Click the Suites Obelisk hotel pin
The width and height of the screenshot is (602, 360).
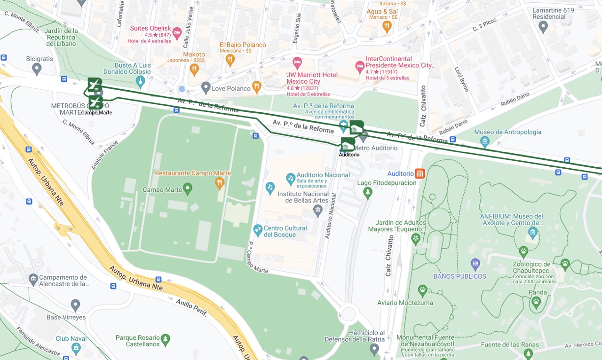(x=177, y=33)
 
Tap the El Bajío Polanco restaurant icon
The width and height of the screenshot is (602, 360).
(x=230, y=59)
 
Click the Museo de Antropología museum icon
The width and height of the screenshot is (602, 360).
(x=485, y=141)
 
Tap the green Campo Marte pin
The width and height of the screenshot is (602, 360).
(x=188, y=189)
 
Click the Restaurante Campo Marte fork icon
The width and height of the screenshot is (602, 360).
(x=219, y=182)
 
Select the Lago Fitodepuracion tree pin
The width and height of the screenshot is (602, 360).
(x=368, y=192)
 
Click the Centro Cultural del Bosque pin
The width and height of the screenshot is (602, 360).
(x=257, y=231)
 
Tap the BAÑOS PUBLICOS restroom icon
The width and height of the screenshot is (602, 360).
(x=475, y=265)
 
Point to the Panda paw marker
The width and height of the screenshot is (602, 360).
(x=536, y=303)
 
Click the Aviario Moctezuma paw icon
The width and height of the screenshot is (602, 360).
(x=422, y=291)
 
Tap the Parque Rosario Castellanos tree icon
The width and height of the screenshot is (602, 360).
(x=165, y=339)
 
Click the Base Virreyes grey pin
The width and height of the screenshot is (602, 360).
(x=75, y=305)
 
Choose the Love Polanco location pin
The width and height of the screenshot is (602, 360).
(x=206, y=87)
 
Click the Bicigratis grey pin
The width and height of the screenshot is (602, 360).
(x=37, y=69)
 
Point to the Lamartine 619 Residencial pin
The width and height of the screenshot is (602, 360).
(x=543, y=27)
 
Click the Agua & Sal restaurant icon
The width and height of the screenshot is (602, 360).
(x=387, y=27)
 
